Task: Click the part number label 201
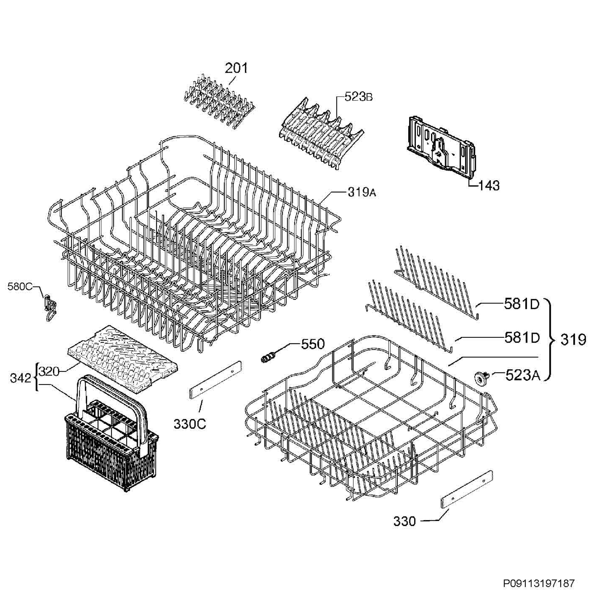[236, 68]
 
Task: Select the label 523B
[358, 97]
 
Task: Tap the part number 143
[489, 185]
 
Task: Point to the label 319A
[361, 192]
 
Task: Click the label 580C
[20, 287]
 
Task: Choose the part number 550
[313, 344]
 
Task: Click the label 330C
[189, 424]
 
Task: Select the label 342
[20, 378]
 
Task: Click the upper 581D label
[522, 304]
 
